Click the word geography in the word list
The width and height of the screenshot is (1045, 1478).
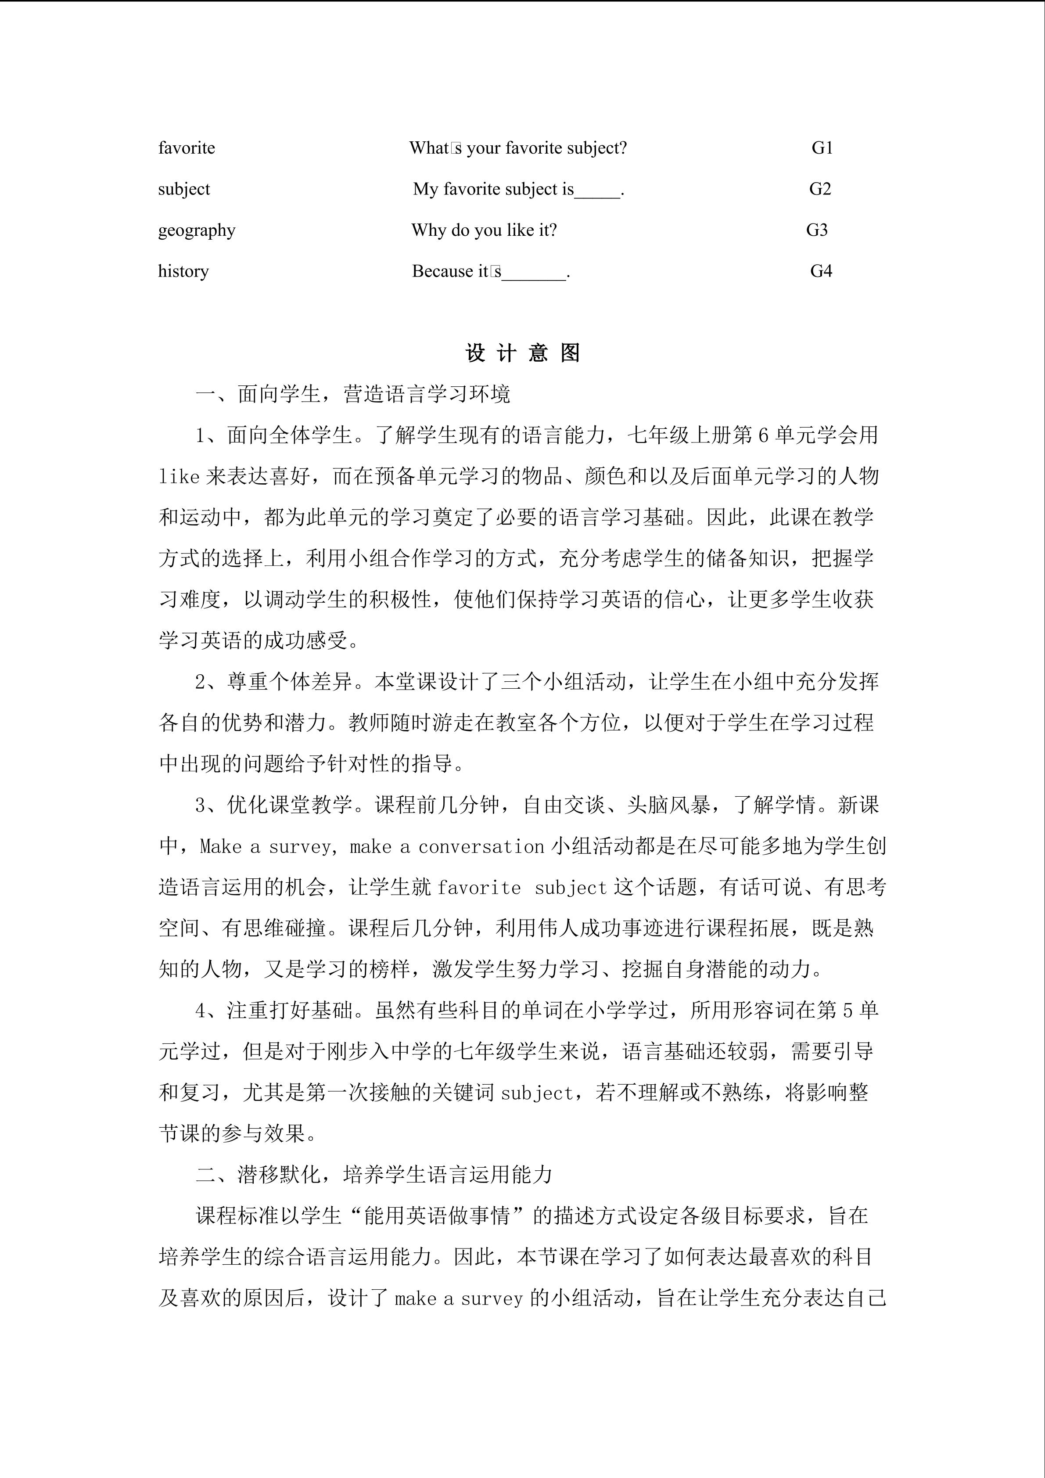point(197,230)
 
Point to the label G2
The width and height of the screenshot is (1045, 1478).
point(820,189)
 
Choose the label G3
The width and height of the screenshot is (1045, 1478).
point(817,230)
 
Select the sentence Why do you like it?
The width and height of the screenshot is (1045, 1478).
point(484,230)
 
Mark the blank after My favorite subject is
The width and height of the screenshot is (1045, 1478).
point(597,191)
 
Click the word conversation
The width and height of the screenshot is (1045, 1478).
point(481,846)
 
